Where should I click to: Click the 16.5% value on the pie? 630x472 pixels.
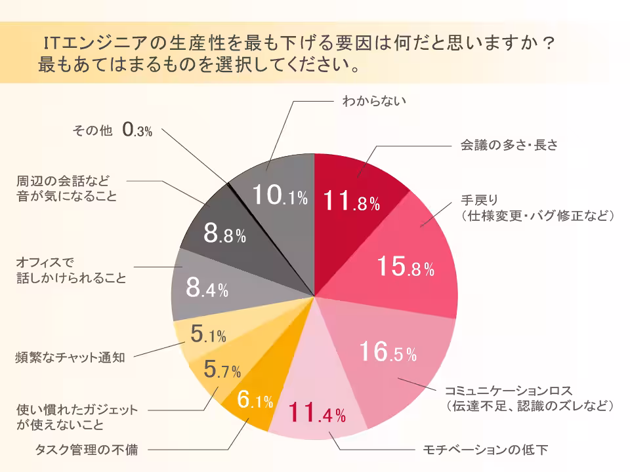(x=388, y=353)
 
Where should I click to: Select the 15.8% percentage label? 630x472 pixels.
(x=405, y=267)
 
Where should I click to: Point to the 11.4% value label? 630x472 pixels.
(x=317, y=414)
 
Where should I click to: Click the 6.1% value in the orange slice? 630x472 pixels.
(x=255, y=401)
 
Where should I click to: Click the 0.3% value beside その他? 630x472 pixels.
(x=137, y=130)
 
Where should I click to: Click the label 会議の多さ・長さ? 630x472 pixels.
(x=509, y=145)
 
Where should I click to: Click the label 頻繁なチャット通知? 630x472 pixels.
(x=70, y=358)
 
